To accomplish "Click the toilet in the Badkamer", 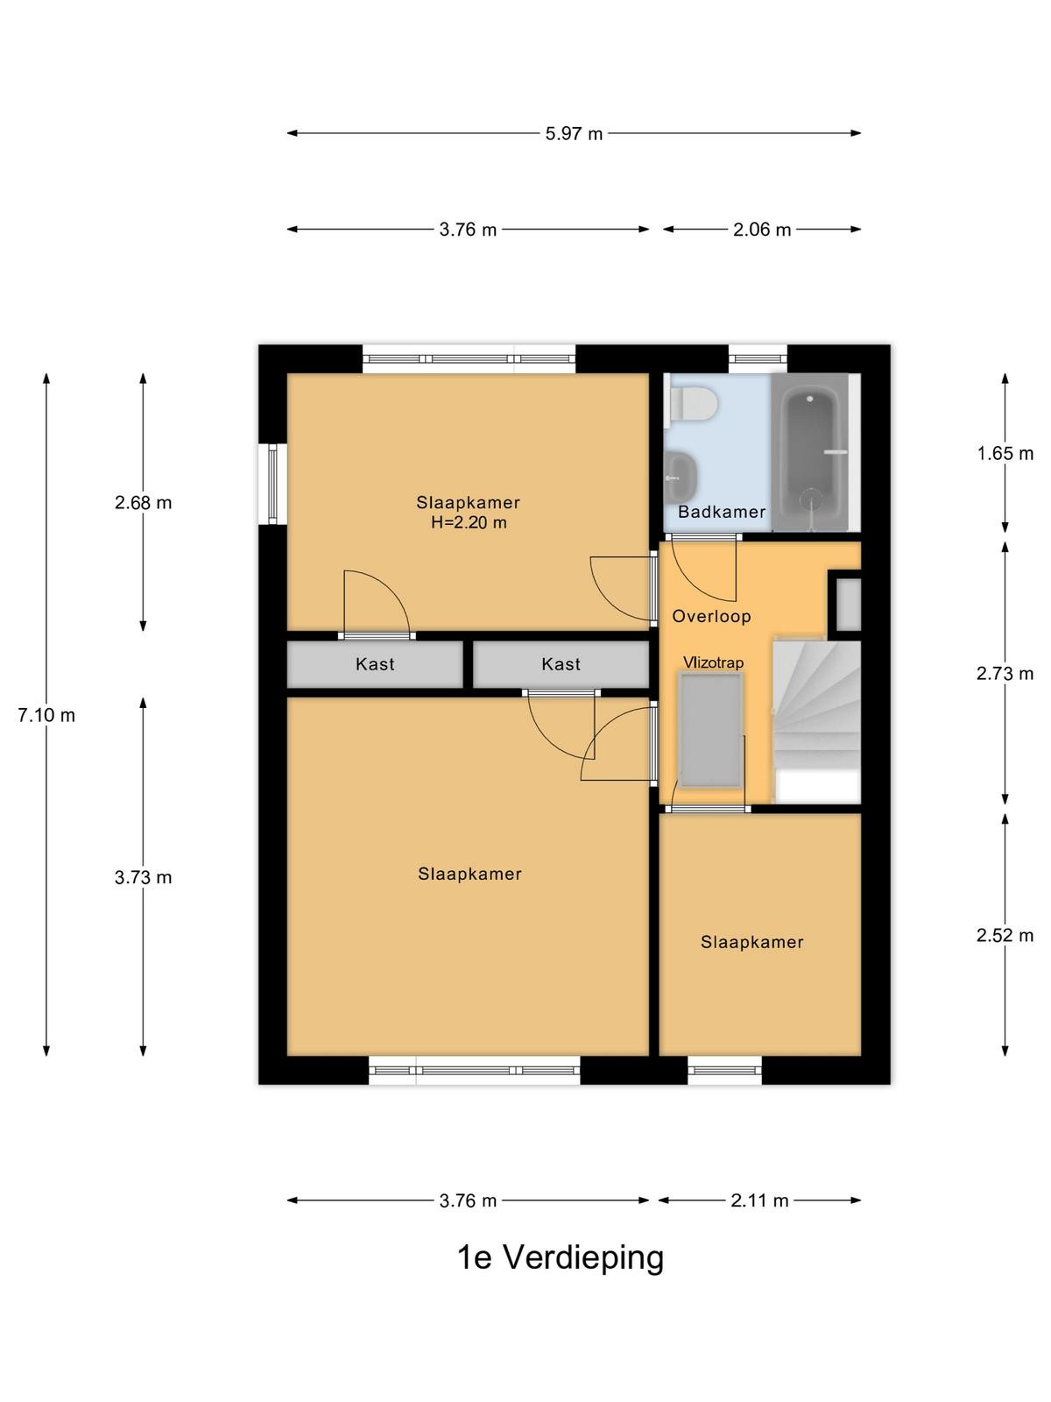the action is [692, 405].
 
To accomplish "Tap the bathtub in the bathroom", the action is [810, 452].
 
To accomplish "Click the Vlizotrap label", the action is [714, 662].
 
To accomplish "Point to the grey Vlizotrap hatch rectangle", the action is [710, 731].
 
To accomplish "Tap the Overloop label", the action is [711, 616].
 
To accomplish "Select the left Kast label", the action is [375, 664].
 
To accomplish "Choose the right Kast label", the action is [561, 664].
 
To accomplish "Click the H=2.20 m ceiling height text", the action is [469, 522].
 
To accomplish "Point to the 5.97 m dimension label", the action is [574, 133].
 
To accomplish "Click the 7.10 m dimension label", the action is [46, 715].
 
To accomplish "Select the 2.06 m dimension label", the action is [762, 230].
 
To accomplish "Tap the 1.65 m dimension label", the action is [1005, 454].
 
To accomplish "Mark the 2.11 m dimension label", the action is [760, 1200].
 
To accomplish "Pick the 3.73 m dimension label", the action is [144, 878].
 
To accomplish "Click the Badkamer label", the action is [722, 512].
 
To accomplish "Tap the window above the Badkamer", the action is [758, 359].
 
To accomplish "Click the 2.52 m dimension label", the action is [1005, 935].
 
